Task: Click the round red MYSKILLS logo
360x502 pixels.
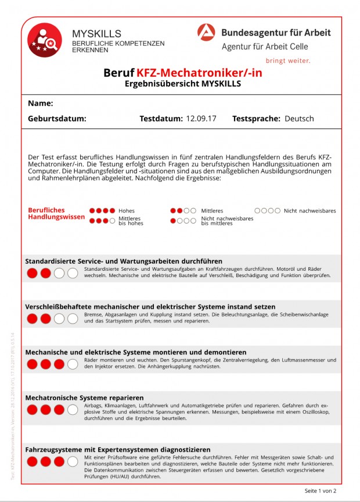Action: point(45,40)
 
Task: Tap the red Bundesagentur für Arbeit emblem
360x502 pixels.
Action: point(206,33)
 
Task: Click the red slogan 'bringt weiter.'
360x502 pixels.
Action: point(287,60)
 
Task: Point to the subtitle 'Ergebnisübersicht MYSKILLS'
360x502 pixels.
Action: point(182,84)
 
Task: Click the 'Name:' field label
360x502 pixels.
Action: point(41,103)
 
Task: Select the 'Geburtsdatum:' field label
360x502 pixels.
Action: point(57,119)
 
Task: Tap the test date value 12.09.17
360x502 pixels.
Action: point(201,119)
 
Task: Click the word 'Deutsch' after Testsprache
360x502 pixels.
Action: point(299,119)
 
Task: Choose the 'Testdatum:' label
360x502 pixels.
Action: point(161,119)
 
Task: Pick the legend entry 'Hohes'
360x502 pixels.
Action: point(127,211)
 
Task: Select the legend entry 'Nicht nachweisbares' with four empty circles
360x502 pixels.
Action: point(309,211)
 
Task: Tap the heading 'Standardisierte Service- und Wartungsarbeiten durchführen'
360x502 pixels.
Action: point(124,261)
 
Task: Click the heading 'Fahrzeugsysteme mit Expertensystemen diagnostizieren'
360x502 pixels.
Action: point(118,450)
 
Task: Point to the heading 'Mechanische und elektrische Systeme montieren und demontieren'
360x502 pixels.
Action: point(135,352)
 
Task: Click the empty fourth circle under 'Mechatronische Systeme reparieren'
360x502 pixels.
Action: point(73,410)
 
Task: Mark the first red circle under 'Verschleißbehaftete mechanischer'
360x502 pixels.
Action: point(32,318)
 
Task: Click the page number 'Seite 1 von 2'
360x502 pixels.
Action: point(321,491)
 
